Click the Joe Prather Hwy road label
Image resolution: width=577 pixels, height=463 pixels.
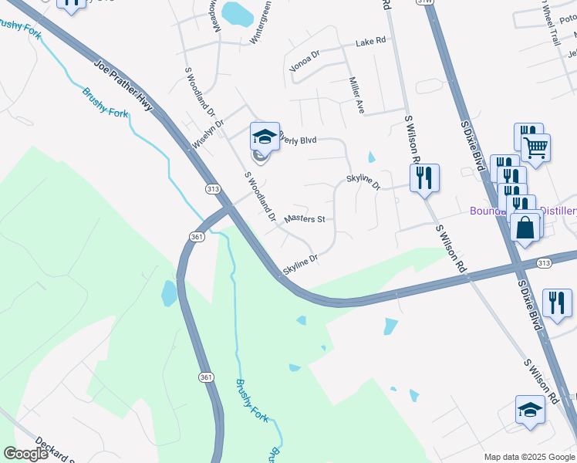click(x=123, y=87)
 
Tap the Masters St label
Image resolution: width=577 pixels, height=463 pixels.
click(x=304, y=220)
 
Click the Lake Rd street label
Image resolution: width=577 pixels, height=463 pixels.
click(x=370, y=44)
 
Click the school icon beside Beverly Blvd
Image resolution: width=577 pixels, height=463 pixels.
click(x=264, y=138)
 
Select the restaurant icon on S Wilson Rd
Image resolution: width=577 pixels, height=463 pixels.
click(x=424, y=178)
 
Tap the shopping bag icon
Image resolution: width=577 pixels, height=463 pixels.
click(x=525, y=228)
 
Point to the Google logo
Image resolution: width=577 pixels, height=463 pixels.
click(x=25, y=454)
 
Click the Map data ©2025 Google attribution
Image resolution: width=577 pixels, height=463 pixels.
click(x=529, y=457)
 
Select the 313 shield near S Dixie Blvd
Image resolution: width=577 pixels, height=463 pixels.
click(x=545, y=262)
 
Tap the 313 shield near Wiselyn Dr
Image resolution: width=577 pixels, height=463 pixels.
click(x=214, y=189)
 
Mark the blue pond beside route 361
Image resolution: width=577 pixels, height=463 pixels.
click(x=169, y=293)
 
